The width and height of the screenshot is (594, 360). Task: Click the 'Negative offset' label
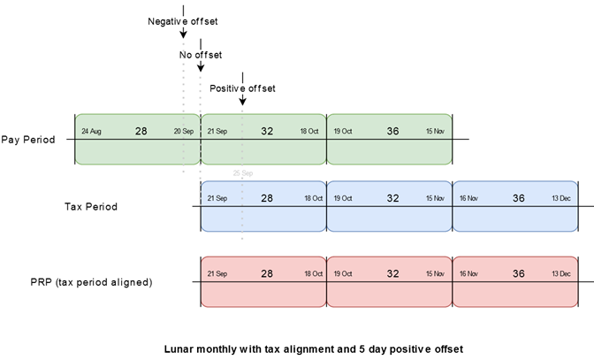point(182,20)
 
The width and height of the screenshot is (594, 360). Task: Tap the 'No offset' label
point(201,55)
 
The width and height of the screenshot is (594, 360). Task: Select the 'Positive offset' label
point(242,88)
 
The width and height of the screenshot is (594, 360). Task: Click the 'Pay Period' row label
point(28,140)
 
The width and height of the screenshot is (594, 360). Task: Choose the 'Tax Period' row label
point(91,207)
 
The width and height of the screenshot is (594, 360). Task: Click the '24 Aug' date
point(91,132)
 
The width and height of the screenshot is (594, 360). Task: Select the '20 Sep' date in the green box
point(184,132)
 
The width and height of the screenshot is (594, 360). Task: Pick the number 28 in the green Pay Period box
point(141,131)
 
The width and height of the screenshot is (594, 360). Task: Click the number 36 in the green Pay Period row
point(392,131)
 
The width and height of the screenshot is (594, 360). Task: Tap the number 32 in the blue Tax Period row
point(392,198)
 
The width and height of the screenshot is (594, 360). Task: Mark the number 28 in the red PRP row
point(266,274)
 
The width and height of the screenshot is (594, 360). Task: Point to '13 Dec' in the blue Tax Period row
point(562,199)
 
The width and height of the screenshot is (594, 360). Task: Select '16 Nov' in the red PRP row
point(468,275)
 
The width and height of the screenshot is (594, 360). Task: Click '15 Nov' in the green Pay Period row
point(436,132)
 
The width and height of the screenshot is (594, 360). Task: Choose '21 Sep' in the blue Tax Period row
point(217,199)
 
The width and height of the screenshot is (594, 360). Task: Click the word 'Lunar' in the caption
point(182,348)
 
